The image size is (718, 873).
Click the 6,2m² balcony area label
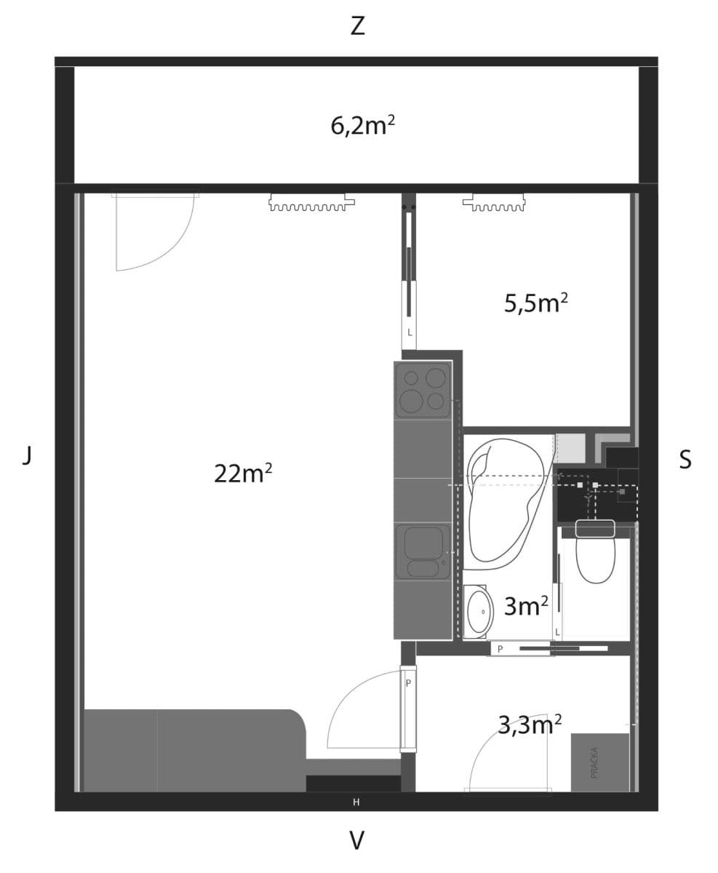[x=362, y=125]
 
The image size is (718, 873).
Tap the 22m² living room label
[x=243, y=473]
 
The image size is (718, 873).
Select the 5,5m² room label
[x=535, y=302]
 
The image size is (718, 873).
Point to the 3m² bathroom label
[x=526, y=605]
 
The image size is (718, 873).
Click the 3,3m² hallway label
[x=530, y=724]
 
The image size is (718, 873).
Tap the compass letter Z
[x=357, y=26]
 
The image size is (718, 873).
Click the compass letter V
[x=356, y=841]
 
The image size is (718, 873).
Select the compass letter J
[x=27, y=456]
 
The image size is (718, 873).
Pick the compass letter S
[x=685, y=460]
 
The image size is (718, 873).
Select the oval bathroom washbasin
[x=479, y=612]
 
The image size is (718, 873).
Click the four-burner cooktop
[x=423, y=390]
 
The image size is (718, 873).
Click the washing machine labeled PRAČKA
[x=599, y=762]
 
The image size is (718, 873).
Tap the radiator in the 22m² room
[x=311, y=203]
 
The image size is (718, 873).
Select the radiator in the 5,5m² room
[x=494, y=203]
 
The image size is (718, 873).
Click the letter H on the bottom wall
[x=356, y=802]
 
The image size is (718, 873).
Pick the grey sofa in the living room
[x=193, y=749]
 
